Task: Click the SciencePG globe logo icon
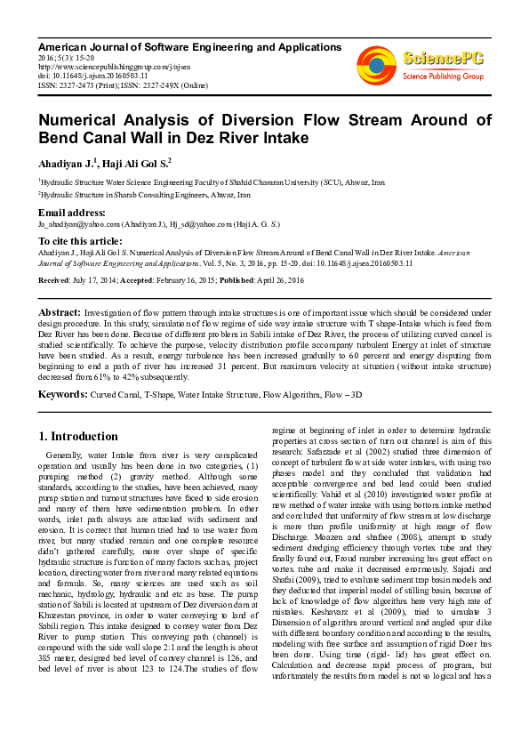[x=376, y=65]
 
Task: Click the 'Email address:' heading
[x=72, y=213]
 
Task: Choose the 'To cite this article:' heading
[x=79, y=241]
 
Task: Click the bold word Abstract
[x=60, y=315]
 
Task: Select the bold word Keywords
[x=62, y=393]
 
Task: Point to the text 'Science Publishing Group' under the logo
[x=443, y=77]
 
